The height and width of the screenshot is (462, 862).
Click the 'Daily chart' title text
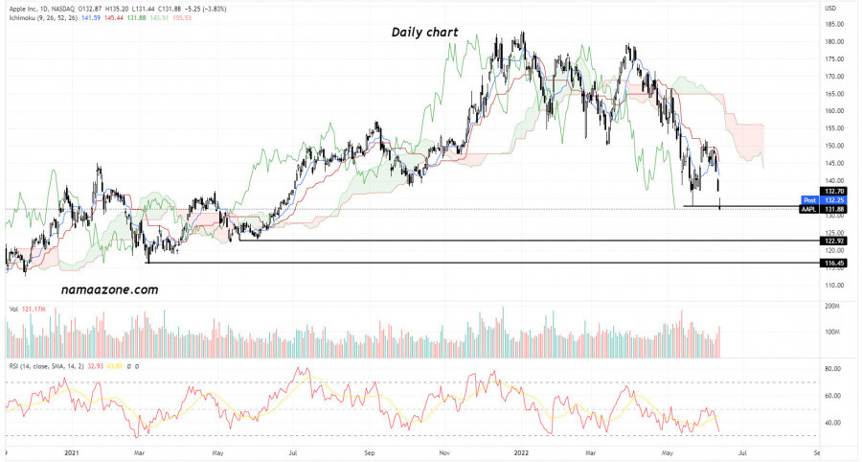[424, 32]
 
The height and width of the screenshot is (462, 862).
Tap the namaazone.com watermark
[109, 288]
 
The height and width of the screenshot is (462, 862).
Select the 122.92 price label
[835, 241]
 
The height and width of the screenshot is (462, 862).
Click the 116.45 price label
[835, 263]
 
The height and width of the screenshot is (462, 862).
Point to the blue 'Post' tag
[809, 200]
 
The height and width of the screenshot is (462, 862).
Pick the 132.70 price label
[835, 191]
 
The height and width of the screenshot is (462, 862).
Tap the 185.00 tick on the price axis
[832, 24]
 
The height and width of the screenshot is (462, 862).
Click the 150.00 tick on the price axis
[832, 146]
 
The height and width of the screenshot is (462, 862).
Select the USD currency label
[829, 9]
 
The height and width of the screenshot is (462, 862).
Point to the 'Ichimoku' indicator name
[24, 19]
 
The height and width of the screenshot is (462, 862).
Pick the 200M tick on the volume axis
[830, 306]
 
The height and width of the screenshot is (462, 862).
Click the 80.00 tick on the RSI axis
[832, 368]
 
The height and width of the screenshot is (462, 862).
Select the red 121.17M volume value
[34, 309]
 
